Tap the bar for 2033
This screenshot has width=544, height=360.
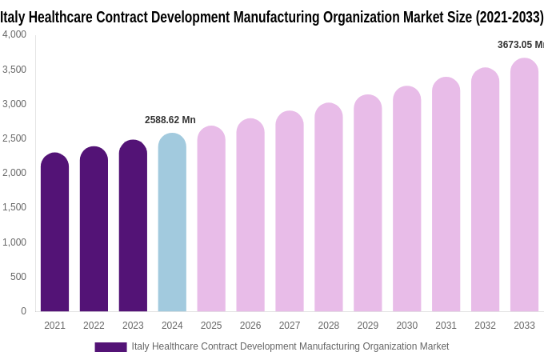(x=524, y=185)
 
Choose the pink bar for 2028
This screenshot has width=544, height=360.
(x=329, y=207)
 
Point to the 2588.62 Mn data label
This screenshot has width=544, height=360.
(x=170, y=120)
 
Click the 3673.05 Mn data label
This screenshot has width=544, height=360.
(x=520, y=45)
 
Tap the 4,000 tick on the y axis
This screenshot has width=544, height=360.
(x=14, y=34)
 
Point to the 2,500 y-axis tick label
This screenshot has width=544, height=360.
(x=14, y=138)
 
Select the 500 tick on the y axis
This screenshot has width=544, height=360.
(x=18, y=277)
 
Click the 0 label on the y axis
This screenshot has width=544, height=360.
(x=23, y=311)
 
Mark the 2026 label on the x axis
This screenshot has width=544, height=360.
(x=250, y=326)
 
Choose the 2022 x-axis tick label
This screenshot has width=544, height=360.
(x=94, y=326)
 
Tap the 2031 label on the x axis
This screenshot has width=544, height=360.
(x=446, y=326)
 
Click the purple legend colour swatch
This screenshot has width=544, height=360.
(x=110, y=347)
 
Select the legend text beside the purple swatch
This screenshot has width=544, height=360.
(x=290, y=346)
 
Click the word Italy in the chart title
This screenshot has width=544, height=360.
(x=13, y=17)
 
